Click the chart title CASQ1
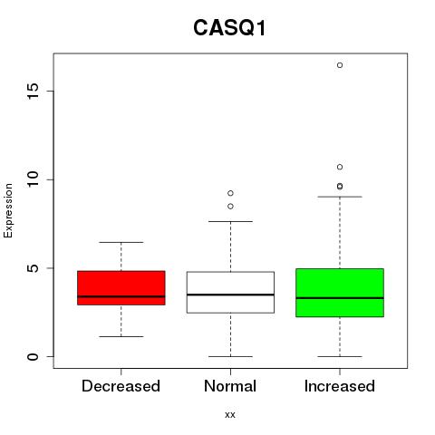[229, 27]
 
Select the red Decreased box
[121, 288]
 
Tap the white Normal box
[230, 292]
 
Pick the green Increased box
[340, 293]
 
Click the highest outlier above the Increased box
[340, 65]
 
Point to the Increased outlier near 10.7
[340, 167]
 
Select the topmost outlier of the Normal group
[230, 193]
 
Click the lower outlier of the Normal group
[230, 207]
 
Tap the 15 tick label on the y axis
[33, 91]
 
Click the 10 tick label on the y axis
[33, 179]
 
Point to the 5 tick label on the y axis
[33, 268]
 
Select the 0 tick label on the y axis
[33, 356]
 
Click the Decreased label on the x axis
[121, 386]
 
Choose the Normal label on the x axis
[230, 386]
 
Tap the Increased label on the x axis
[340, 386]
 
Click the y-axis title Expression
[8, 210]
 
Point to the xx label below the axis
[230, 415]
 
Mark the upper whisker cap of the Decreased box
[121, 242]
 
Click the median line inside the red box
[121, 296]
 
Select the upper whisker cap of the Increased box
[340, 197]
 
